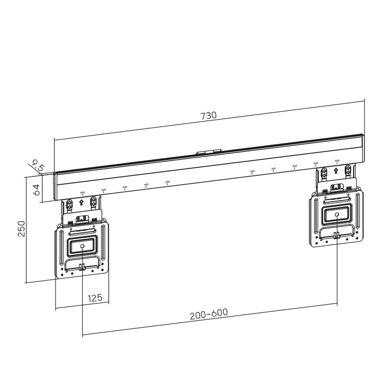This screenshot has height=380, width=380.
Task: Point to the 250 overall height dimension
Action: (22, 229)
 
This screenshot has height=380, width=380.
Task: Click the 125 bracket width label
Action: (94, 298)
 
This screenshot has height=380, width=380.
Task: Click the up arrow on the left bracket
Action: (81, 202)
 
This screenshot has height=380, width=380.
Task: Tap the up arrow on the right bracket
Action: (336, 172)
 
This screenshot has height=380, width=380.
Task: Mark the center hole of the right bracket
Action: (336, 214)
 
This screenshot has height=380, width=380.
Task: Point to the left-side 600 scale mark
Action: (82, 193)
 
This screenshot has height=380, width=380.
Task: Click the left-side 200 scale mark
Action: (167, 183)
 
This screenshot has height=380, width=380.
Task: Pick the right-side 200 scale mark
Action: (252, 172)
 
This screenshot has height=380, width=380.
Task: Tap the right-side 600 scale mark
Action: (337, 161)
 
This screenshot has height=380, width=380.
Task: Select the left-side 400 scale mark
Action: (125, 188)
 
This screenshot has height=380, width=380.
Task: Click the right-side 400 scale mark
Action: (294, 167)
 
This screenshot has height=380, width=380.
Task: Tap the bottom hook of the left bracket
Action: (82, 268)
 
